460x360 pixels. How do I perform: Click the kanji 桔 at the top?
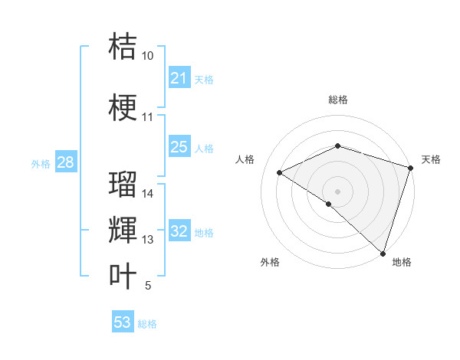tap(123, 46)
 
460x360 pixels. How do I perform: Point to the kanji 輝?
tap(123, 230)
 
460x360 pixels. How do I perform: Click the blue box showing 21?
tap(179, 78)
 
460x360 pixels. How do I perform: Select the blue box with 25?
tap(179, 147)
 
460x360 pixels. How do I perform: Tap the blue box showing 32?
tap(179, 232)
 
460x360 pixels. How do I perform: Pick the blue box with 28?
tap(65, 162)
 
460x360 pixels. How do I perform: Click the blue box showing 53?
tap(123, 322)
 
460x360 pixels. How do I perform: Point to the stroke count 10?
tap(147, 56)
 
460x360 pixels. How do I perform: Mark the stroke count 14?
tap(148, 194)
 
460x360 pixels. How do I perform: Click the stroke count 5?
tap(148, 286)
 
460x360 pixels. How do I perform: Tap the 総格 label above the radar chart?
tap(337, 100)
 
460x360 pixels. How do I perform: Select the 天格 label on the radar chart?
tap(431, 159)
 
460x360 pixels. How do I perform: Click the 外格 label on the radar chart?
tap(270, 262)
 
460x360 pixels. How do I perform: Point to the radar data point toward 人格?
tap(280, 172)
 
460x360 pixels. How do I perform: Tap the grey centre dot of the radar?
tap(337, 191)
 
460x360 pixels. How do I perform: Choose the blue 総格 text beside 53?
tap(147, 323)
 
